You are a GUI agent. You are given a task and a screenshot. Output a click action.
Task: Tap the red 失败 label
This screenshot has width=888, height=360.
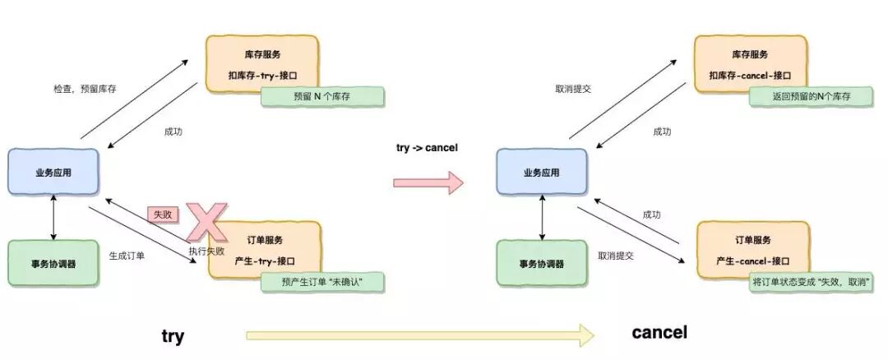click(161, 214)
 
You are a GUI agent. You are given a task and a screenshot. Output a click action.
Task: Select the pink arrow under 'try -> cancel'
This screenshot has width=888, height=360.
click(428, 182)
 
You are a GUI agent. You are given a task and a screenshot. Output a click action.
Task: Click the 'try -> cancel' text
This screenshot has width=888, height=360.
click(427, 148)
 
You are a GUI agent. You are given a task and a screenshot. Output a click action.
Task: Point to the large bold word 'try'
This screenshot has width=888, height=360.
click(173, 335)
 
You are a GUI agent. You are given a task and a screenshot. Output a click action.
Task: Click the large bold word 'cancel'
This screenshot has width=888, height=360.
click(659, 333)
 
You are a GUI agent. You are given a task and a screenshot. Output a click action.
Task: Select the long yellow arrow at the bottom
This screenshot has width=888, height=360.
click(419, 335)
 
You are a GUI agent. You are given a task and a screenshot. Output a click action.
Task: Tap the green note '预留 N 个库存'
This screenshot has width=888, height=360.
click(322, 96)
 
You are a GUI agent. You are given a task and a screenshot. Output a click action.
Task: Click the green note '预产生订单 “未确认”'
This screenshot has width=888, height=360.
click(322, 282)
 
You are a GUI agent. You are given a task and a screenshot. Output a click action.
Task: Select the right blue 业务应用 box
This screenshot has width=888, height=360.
click(541, 173)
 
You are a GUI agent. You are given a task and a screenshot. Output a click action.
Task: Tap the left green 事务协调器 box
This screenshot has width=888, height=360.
click(53, 264)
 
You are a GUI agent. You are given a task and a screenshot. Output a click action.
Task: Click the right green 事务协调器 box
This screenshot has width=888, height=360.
click(541, 264)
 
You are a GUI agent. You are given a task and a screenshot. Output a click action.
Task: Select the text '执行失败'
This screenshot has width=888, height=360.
click(206, 251)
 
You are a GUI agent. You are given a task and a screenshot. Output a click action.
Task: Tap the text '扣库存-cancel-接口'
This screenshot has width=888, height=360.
click(749, 75)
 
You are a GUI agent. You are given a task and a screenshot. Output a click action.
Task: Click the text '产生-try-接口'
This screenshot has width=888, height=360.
click(264, 260)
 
